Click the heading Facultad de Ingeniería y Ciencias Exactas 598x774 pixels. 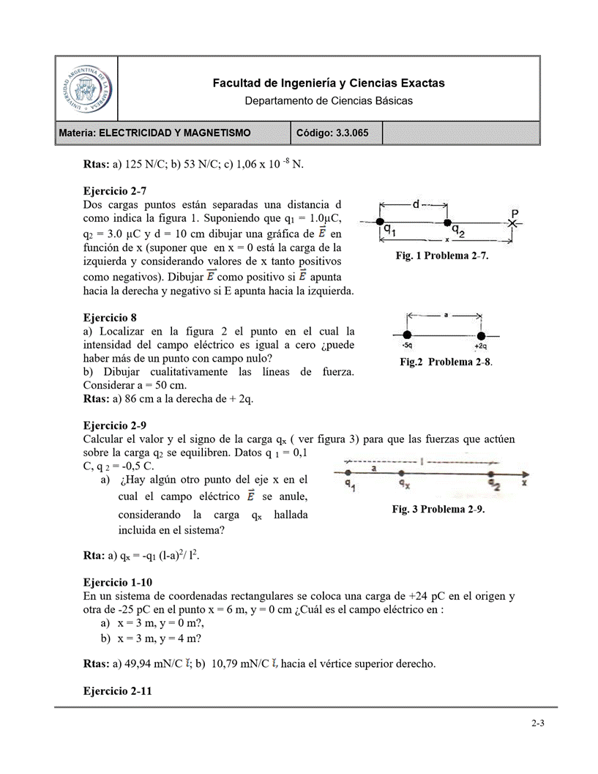328,83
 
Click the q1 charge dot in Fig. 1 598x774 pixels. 379,221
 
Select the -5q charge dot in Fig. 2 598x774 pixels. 407,331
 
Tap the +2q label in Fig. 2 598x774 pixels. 481,345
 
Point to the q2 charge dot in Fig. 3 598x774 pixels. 494,473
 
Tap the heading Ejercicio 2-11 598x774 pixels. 118,690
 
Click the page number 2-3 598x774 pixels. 538,723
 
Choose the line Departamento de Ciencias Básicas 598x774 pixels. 328,100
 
